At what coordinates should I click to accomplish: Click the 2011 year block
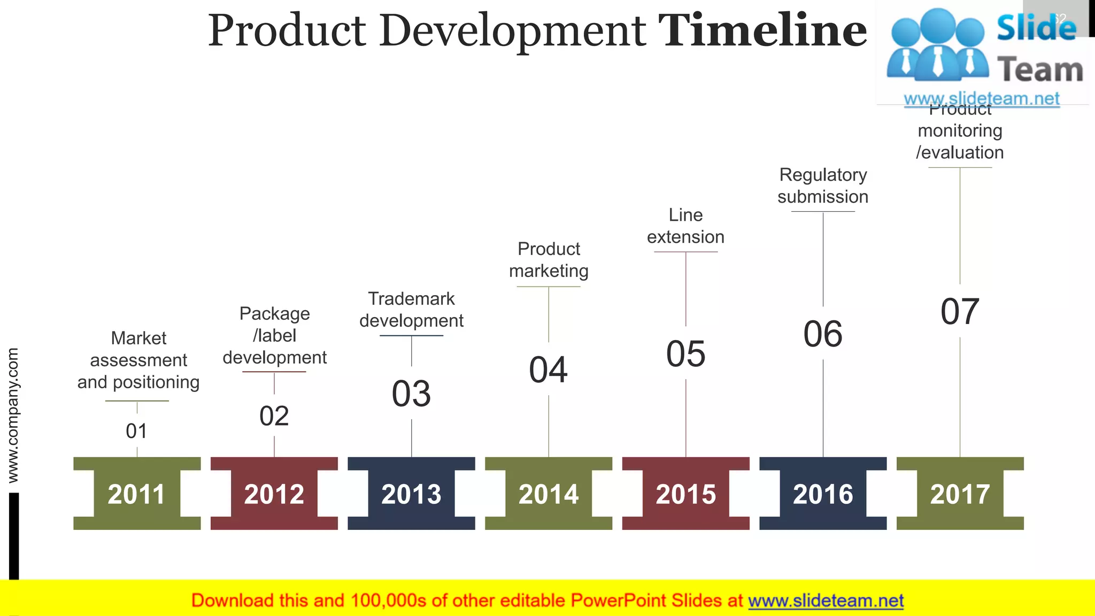tap(137, 494)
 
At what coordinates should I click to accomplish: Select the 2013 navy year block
tap(411, 494)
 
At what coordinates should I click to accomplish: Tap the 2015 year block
tap(685, 494)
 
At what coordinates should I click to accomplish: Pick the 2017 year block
tap(960, 494)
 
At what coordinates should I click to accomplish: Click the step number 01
tap(136, 431)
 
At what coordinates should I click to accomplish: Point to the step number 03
tap(411, 394)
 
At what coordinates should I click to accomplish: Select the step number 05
tap(685, 354)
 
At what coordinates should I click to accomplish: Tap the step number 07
tap(960, 312)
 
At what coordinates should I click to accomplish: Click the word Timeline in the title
tap(762, 30)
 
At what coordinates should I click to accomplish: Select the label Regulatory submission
tap(823, 186)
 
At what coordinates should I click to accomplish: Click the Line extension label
tap(685, 226)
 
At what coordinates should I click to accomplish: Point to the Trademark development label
tap(411, 310)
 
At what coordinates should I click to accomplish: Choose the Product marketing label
tap(549, 260)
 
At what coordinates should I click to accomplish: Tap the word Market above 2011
tap(138, 338)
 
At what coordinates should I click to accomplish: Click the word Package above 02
tap(274, 313)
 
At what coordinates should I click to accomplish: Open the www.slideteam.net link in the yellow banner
tap(826, 600)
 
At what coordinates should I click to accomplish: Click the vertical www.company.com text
tap(13, 415)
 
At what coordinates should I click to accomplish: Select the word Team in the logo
tap(1040, 70)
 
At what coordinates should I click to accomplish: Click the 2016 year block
tap(823, 494)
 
